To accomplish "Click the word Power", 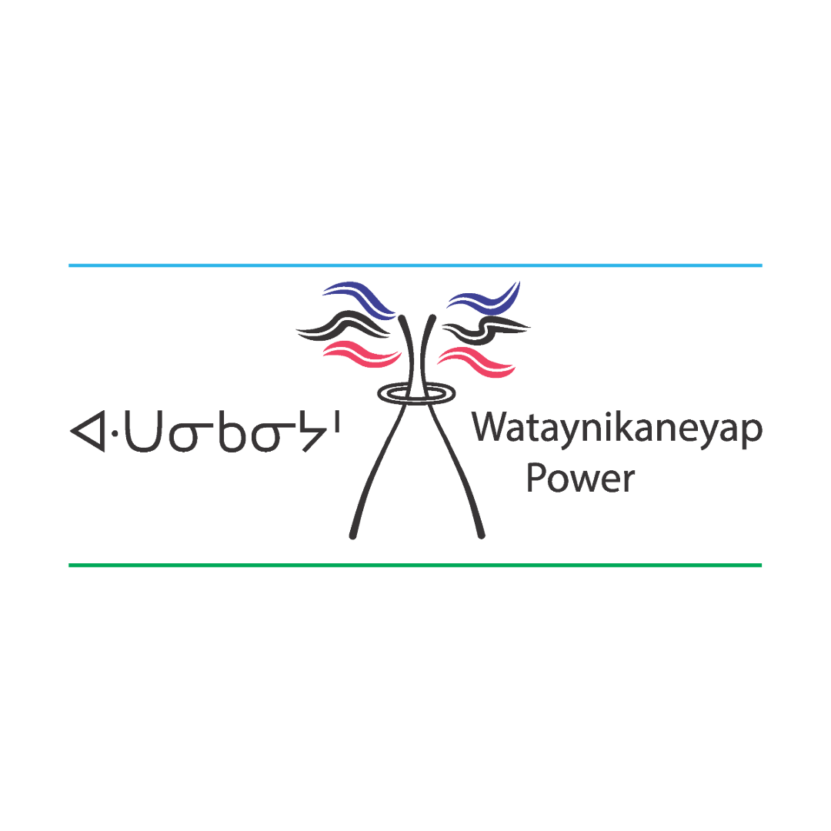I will pos(581,479).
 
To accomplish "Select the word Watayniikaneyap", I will pos(617,428).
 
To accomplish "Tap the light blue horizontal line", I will pos(415,265).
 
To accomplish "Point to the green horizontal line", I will pos(415,565).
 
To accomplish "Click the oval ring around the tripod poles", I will pos(415,393).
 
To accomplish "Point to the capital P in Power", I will pos(536,478).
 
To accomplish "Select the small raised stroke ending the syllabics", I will pos(337,422).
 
